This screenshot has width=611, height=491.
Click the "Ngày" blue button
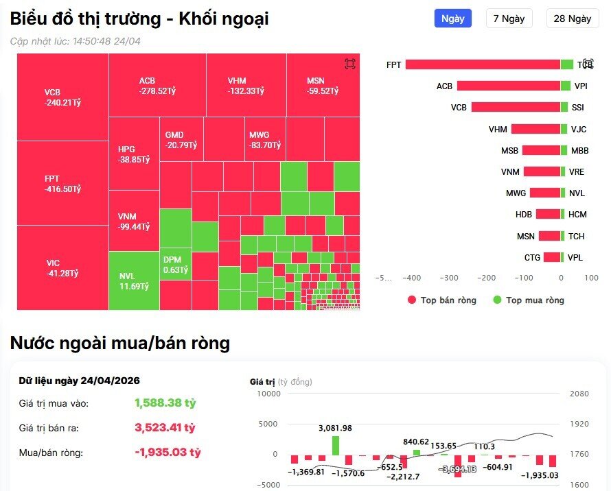pyautogui.click(x=452, y=19)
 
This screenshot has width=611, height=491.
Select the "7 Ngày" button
pyautogui.click(x=509, y=19)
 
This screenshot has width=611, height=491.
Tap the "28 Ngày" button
pyautogui.click(x=572, y=19)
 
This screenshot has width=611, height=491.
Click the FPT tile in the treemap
pyautogui.click(x=62, y=183)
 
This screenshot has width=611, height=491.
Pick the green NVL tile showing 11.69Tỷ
pyautogui.click(x=134, y=280)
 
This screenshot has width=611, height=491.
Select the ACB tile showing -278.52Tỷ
pyautogui.click(x=157, y=85)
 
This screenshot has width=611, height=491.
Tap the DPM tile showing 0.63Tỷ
pyautogui.click(x=175, y=265)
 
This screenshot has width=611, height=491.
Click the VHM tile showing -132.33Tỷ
pyautogui.click(x=246, y=85)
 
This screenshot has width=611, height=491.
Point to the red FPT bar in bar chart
pyautogui.click(x=483, y=64)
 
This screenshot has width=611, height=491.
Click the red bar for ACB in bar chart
pyautogui.click(x=509, y=86)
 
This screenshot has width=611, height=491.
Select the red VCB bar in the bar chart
pyautogui.click(x=516, y=108)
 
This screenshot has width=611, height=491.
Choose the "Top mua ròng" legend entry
pyautogui.click(x=529, y=300)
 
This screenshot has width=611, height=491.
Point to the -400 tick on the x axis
pyautogui.click(x=412, y=278)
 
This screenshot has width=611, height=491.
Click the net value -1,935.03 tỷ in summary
pyautogui.click(x=168, y=453)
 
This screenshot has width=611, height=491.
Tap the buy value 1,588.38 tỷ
pyautogui.click(x=165, y=403)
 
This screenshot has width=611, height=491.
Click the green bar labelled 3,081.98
pyautogui.click(x=336, y=445)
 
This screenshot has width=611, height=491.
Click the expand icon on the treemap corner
pyautogui.click(x=350, y=64)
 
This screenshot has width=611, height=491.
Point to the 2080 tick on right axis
pyautogui.click(x=579, y=394)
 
